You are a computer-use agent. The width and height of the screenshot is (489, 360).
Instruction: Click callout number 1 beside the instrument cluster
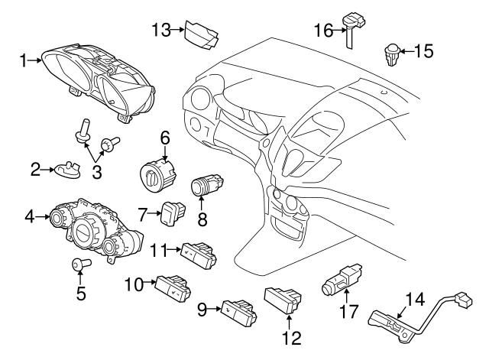pos(24,60)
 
